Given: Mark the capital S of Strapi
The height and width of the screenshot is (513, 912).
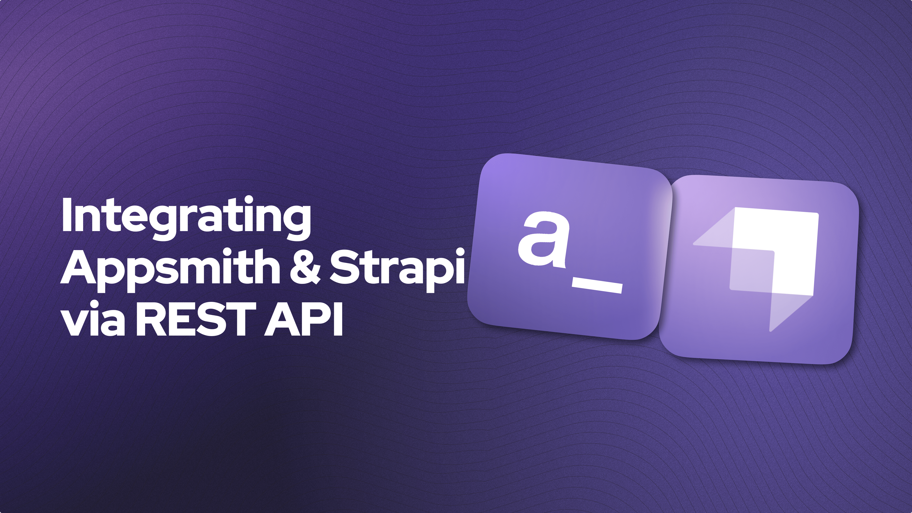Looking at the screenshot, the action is point(344,267).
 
